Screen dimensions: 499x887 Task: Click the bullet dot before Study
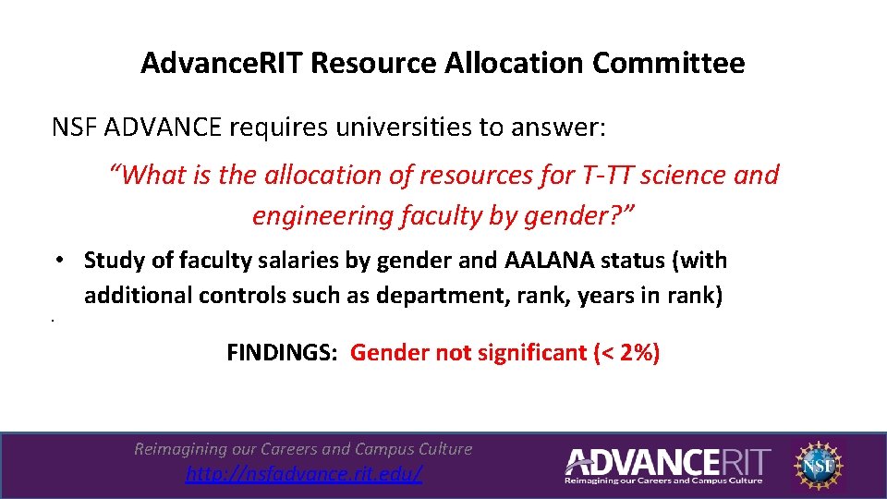coord(57,262)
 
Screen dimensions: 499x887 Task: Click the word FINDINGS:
coord(283,352)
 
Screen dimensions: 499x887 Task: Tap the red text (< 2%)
coord(626,352)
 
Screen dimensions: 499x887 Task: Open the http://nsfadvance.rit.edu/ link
coord(304,474)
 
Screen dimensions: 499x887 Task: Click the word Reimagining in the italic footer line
coord(180,449)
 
